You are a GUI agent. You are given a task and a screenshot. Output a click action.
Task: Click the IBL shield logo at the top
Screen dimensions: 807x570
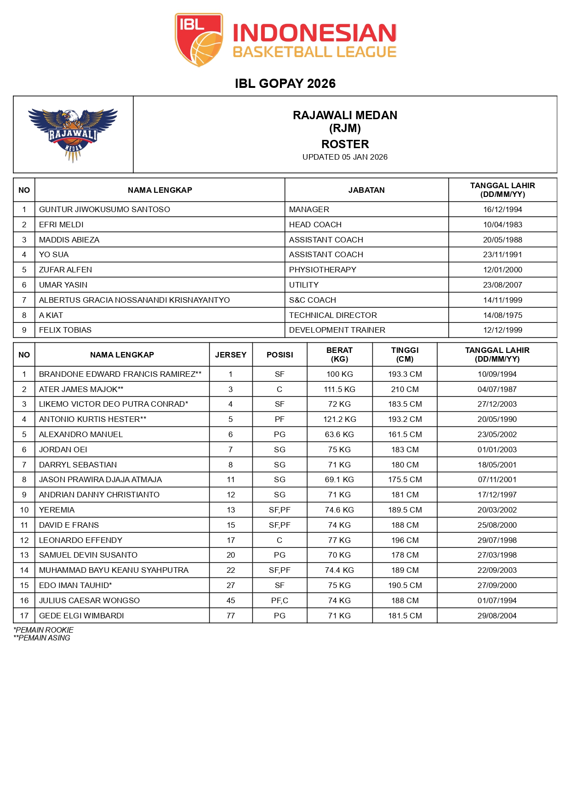pyautogui.click(x=199, y=40)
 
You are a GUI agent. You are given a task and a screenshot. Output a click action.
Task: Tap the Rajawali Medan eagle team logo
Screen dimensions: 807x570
pyautogui.click(x=73, y=134)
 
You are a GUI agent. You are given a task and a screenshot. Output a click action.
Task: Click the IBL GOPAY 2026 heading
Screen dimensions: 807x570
pyautogui.click(x=285, y=83)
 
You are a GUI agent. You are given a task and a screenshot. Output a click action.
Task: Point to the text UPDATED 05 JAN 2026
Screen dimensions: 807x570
pyautogui.click(x=345, y=157)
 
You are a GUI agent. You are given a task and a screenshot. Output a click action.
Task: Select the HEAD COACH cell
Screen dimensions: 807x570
pyautogui.click(x=315, y=225)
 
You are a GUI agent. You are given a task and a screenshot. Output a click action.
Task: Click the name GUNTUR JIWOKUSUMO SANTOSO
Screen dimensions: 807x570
pyautogui.click(x=104, y=209)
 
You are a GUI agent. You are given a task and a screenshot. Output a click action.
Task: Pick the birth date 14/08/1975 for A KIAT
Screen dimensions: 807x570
pyautogui.click(x=502, y=315)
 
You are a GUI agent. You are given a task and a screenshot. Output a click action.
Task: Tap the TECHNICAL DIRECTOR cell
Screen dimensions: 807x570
pyautogui.click(x=333, y=315)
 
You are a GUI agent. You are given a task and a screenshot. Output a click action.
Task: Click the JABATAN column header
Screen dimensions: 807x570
pyautogui.click(x=366, y=190)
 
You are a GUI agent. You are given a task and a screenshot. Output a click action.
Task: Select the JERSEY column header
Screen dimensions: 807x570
pyautogui.click(x=231, y=355)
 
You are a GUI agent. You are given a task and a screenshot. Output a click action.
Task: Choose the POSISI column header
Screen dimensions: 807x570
pyautogui.click(x=279, y=355)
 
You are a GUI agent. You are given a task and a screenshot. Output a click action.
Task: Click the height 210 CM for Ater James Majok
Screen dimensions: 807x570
pyautogui.click(x=405, y=389)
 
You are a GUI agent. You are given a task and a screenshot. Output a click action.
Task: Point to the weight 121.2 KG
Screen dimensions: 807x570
pyautogui.click(x=339, y=419)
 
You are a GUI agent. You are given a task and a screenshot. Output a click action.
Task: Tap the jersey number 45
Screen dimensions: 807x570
pyautogui.click(x=231, y=600)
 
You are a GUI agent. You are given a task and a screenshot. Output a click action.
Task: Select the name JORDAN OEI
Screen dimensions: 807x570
pyautogui.click(x=63, y=450)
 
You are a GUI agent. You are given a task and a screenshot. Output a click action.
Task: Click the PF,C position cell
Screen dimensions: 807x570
pyautogui.click(x=279, y=600)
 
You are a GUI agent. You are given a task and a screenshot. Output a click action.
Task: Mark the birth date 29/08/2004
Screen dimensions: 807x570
pyautogui.click(x=497, y=616)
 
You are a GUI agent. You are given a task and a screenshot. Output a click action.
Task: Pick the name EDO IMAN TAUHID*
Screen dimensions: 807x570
pyautogui.click(x=75, y=585)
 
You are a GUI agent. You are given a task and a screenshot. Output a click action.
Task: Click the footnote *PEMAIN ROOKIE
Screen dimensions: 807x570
pyautogui.click(x=44, y=630)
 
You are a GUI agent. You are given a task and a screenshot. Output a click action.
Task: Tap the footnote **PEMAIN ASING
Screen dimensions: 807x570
pyautogui.click(x=42, y=638)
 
